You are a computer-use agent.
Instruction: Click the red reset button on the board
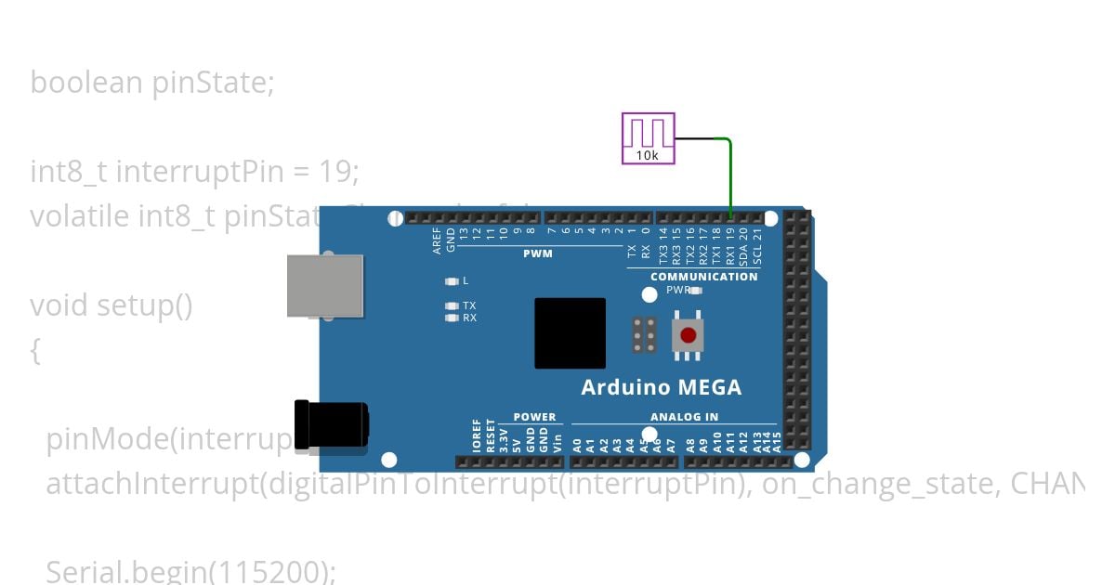click(x=688, y=335)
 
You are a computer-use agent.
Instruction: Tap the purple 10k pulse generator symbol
click(x=648, y=137)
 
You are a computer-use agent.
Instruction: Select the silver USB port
click(x=324, y=285)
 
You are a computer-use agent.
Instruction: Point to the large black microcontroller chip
click(x=570, y=333)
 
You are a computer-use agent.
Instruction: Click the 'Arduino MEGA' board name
click(x=661, y=387)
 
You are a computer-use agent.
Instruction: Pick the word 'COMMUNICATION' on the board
click(x=703, y=277)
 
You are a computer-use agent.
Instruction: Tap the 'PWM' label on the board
click(x=537, y=253)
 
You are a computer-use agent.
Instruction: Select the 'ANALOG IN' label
click(x=684, y=417)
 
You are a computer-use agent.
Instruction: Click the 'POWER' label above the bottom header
click(x=534, y=417)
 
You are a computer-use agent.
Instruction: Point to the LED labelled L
click(x=453, y=280)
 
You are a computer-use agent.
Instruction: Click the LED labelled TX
click(x=453, y=305)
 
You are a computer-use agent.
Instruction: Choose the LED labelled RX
click(x=453, y=318)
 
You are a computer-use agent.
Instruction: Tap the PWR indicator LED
click(x=695, y=291)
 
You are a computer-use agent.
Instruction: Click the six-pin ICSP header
click(x=645, y=335)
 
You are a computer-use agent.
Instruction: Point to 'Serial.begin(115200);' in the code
click(x=190, y=571)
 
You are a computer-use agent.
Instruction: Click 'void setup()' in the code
click(x=111, y=305)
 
